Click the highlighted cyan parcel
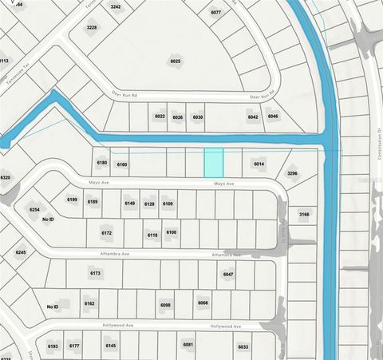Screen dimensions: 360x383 (x=213, y=163)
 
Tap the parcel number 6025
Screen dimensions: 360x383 (x=176, y=61)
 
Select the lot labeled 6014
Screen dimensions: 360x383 (x=259, y=164)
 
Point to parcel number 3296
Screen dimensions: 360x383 (x=292, y=173)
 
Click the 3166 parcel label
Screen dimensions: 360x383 (x=304, y=214)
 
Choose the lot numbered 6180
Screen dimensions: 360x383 (x=101, y=163)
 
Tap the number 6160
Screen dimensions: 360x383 (x=121, y=164)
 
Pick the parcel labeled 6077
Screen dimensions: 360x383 (x=215, y=13)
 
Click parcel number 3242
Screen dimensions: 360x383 (x=116, y=7)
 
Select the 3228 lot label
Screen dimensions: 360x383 (x=92, y=27)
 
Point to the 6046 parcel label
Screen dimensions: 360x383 (x=273, y=117)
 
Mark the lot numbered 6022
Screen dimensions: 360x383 (x=160, y=117)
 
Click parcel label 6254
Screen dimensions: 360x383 (x=34, y=209)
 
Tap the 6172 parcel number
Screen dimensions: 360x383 (x=107, y=233)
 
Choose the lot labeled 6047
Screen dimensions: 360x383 (x=228, y=274)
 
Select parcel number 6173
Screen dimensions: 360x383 (x=95, y=273)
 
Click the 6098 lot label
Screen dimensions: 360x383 (x=165, y=305)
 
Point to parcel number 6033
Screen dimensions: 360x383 (x=243, y=346)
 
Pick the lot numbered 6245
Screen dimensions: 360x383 (x=21, y=252)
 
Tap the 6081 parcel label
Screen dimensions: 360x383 (x=188, y=345)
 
